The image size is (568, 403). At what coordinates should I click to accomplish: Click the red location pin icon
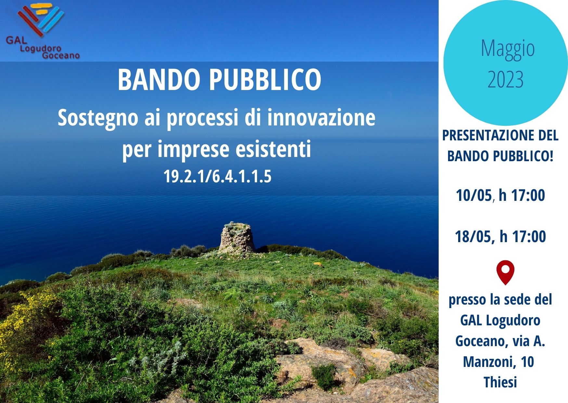pos(505,272)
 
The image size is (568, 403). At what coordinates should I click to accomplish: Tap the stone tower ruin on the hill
pos(237,238)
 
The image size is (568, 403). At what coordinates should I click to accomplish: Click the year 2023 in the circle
pos(506,79)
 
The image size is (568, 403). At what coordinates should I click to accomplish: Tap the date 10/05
pos(474,195)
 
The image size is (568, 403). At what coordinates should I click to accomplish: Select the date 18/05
pos(473,236)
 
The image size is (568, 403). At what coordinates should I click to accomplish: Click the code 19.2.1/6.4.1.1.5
pos(217,177)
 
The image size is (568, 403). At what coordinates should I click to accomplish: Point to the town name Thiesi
pos(500,382)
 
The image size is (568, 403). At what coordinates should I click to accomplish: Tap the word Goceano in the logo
pos(61,56)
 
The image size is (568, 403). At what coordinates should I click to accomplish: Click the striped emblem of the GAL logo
pos(40,19)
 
